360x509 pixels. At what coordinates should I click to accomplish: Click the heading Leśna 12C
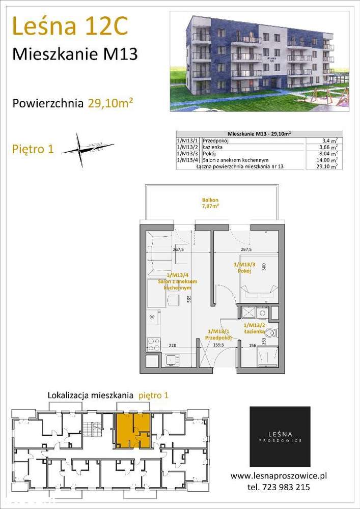click(x=69, y=26)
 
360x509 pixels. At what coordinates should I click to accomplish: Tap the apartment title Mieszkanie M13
click(x=74, y=54)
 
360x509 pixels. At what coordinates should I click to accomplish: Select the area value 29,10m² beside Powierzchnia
click(x=110, y=103)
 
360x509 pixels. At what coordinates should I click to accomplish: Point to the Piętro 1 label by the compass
click(x=32, y=150)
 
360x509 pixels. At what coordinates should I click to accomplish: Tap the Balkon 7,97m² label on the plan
click(x=210, y=204)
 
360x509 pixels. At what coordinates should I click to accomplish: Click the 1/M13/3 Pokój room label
click(x=244, y=268)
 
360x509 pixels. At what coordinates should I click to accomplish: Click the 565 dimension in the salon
click(x=189, y=300)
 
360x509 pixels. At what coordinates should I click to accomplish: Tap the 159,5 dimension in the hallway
click(x=217, y=346)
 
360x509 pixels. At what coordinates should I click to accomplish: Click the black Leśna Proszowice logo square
click(x=280, y=437)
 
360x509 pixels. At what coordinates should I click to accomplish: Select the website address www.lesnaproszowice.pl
click(x=279, y=476)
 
